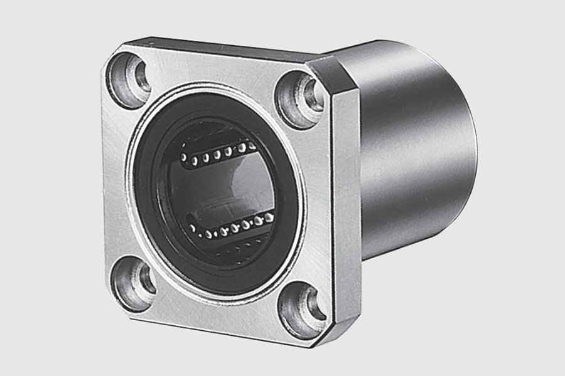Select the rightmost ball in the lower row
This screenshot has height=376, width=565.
point(269,217)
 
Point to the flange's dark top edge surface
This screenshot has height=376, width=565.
point(220,50)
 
